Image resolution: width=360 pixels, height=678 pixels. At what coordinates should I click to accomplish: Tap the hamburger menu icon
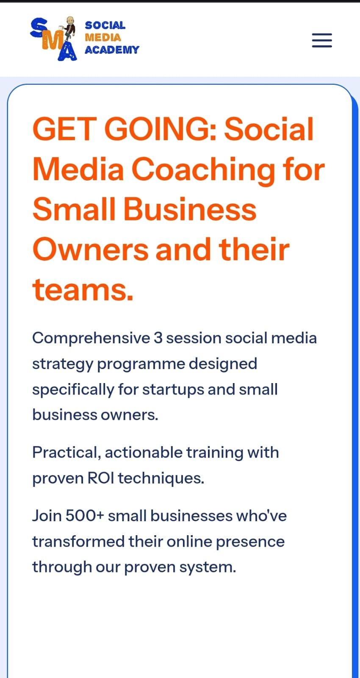(322, 40)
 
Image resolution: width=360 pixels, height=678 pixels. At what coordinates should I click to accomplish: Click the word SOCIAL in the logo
(105, 25)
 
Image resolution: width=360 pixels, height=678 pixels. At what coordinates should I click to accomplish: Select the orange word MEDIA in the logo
(103, 38)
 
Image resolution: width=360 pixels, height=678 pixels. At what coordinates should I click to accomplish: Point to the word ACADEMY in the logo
(112, 50)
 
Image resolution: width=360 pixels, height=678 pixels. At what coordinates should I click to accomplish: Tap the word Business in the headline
(190, 209)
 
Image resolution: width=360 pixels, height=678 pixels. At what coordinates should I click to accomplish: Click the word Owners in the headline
(91, 250)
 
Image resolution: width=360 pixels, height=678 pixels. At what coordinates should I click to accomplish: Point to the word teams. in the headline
(83, 290)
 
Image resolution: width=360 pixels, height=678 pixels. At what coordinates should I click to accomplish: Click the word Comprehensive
(91, 339)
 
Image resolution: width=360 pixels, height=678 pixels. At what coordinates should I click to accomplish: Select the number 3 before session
(158, 338)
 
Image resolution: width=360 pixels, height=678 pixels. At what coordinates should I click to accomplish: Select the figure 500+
(85, 516)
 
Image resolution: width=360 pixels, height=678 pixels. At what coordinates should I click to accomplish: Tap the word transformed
(78, 542)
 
